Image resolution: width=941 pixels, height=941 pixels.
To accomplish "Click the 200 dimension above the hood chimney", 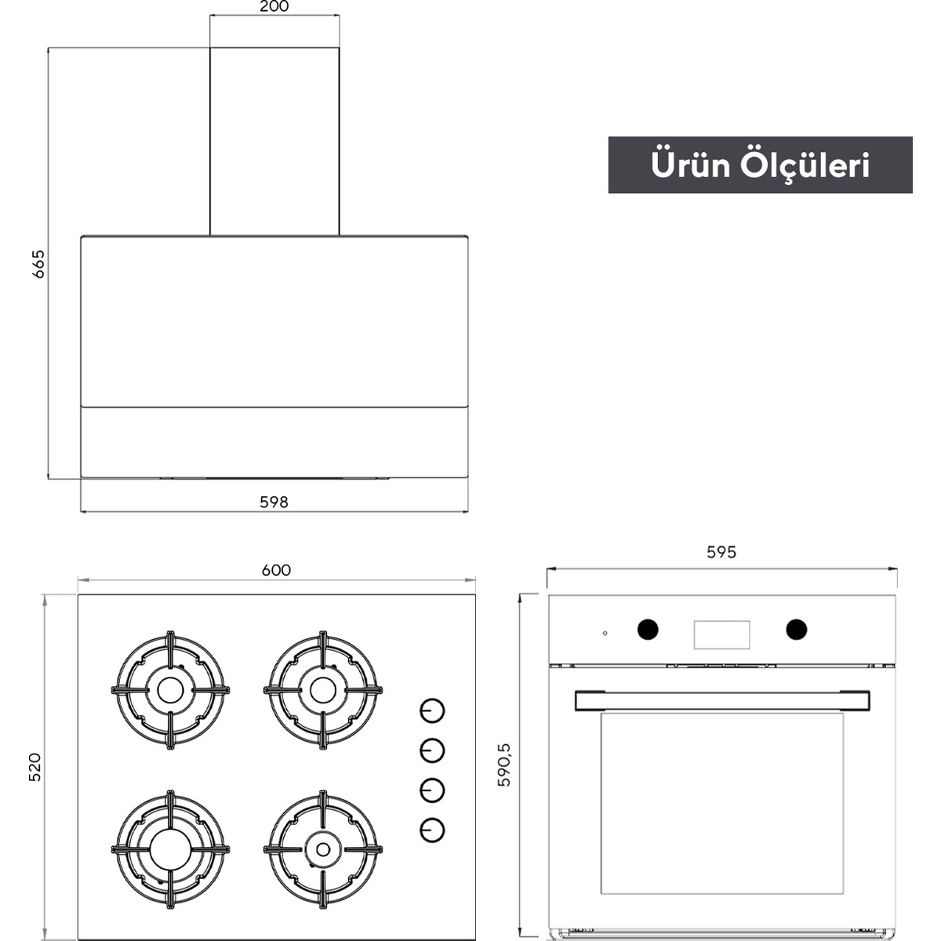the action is (274, 6).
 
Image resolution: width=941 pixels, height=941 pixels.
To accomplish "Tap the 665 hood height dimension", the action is (38, 264).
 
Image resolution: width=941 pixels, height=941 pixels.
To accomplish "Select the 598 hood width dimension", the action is (274, 502).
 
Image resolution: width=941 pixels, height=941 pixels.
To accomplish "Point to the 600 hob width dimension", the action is (276, 570).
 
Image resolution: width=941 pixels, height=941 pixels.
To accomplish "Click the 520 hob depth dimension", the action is (35, 767).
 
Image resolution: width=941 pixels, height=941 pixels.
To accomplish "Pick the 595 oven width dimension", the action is (721, 552).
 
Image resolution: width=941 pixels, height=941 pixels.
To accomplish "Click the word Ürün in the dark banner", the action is (691, 165).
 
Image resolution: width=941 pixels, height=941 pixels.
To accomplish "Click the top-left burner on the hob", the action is (170, 690).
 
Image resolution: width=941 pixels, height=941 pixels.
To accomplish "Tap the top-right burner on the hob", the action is (323, 690).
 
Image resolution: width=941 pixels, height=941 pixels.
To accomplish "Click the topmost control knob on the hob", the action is (432, 710).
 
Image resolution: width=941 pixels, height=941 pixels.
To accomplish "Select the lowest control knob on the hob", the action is (432, 830).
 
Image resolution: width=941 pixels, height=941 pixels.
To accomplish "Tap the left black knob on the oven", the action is (648, 630).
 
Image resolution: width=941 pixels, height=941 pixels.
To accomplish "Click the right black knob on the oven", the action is (797, 629).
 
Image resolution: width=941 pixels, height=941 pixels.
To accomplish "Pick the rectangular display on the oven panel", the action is (721, 635).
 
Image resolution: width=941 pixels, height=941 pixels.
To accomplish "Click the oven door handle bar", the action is (722, 701).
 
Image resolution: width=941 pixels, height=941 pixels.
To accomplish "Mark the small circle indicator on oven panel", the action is (605, 634).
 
